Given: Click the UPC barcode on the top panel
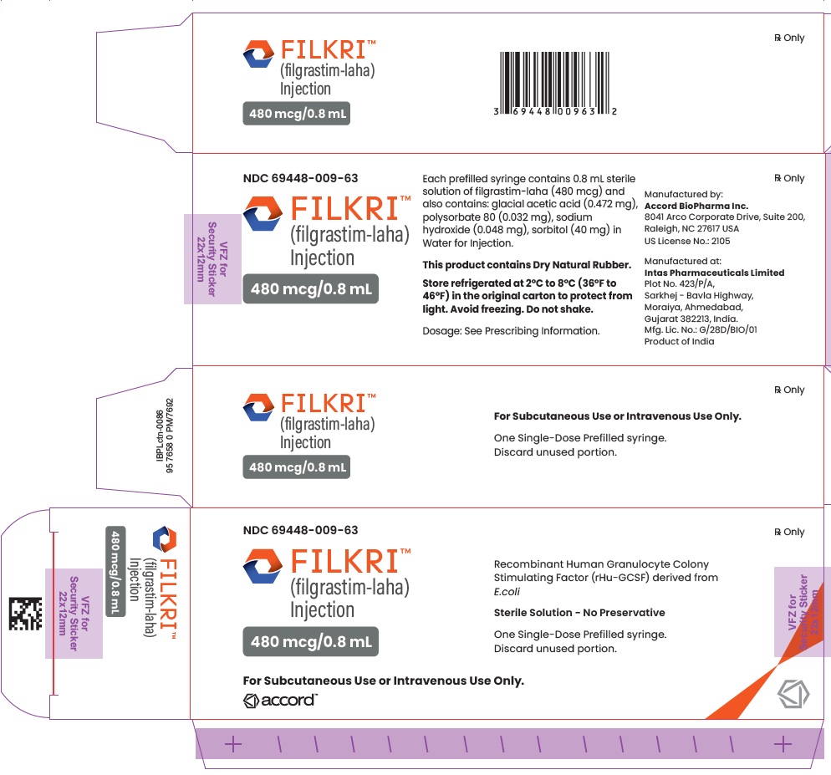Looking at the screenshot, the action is pyautogui.click(x=555, y=84).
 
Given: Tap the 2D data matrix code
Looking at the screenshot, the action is pyautogui.click(x=25, y=614).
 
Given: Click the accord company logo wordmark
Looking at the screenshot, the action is pyautogui.click(x=280, y=701).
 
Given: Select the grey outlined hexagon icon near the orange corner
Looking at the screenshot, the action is pyautogui.click(x=793, y=694).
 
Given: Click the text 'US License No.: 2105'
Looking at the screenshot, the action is pyautogui.click(x=687, y=241).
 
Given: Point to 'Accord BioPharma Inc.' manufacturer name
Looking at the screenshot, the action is pyautogui.click(x=696, y=206).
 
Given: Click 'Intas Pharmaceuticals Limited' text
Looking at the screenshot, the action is pyautogui.click(x=714, y=273).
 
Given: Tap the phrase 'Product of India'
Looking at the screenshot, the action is pyautogui.click(x=679, y=341).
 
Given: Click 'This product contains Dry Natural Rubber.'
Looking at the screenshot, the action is pyautogui.click(x=527, y=265).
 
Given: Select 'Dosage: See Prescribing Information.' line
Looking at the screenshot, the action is pyautogui.click(x=511, y=331).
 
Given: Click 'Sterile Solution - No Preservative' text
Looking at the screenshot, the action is pyautogui.click(x=579, y=613).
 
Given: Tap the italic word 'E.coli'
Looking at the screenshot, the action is pyautogui.click(x=507, y=592).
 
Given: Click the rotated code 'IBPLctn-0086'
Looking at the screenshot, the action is pyautogui.click(x=160, y=436).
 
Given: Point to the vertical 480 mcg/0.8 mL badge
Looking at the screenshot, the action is pyautogui.click(x=115, y=571).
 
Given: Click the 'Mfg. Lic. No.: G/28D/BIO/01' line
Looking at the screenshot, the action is pyautogui.click(x=700, y=329).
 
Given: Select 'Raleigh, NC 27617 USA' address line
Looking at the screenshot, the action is pyautogui.click(x=691, y=229).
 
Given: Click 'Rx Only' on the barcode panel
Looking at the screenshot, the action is pyautogui.click(x=789, y=38).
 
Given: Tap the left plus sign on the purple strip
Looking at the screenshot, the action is pyautogui.click(x=233, y=744).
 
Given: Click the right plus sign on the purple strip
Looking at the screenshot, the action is pyautogui.click(x=783, y=744).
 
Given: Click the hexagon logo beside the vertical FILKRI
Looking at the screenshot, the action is pyautogui.click(x=165, y=539).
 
